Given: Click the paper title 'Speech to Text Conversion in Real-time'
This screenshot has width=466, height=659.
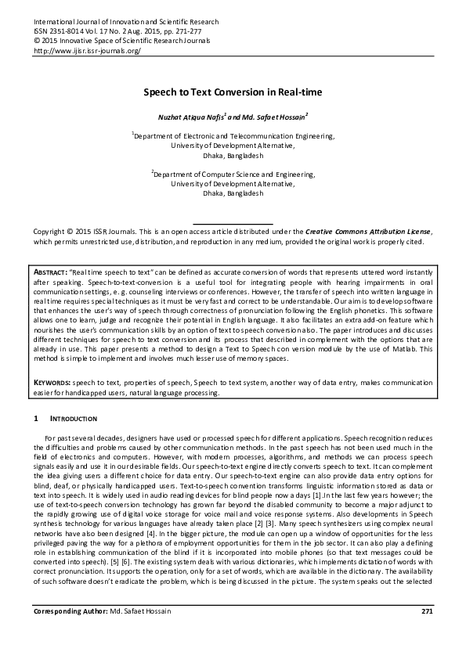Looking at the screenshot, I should point(233,92).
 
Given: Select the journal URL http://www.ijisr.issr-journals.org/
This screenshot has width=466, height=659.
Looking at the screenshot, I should point(87,51).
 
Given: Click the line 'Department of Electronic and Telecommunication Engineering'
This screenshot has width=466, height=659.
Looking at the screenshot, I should point(233,135).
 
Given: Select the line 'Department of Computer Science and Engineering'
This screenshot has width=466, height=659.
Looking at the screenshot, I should point(233,175).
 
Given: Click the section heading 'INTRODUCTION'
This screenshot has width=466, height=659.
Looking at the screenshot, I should point(73,420).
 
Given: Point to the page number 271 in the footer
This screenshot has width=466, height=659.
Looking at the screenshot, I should point(427,632).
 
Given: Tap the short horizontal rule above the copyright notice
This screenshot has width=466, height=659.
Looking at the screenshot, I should point(233,224).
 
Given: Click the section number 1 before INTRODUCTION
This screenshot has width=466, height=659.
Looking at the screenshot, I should point(36,420).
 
